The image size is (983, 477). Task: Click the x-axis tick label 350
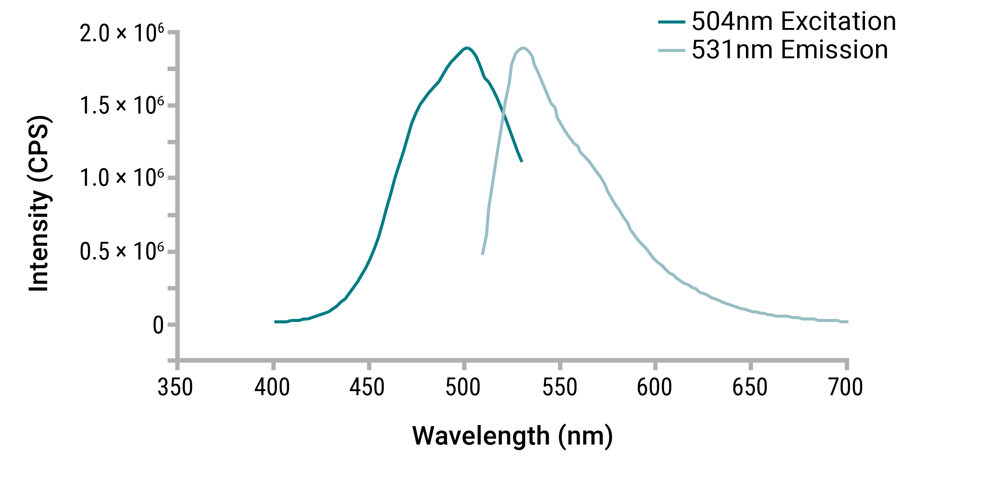pyautogui.click(x=175, y=387)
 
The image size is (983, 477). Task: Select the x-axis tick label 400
pyautogui.click(x=272, y=387)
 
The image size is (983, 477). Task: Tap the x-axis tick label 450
pyautogui.click(x=367, y=387)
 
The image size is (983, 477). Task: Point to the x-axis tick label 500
pyautogui.click(x=463, y=387)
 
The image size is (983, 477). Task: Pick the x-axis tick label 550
pyautogui.click(x=560, y=387)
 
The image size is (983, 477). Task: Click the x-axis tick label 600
pyautogui.click(x=655, y=387)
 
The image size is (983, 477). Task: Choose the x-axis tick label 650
pyautogui.click(x=750, y=387)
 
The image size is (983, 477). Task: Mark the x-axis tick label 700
pyautogui.click(x=846, y=387)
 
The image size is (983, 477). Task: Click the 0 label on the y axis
pyautogui.click(x=158, y=325)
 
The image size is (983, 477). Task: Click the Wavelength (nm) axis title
pyautogui.click(x=512, y=436)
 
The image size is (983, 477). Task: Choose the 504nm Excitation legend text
pyautogui.click(x=794, y=21)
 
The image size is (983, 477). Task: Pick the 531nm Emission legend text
pyautogui.click(x=790, y=50)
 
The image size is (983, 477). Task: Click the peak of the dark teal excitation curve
pyautogui.click(x=466, y=48)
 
